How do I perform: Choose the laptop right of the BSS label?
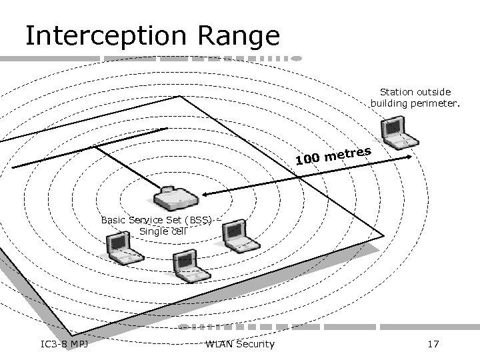point(239,237)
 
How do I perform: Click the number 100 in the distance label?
point(307,159)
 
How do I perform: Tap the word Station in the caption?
point(397,91)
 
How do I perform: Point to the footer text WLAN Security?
point(240,343)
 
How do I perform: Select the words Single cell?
point(163,231)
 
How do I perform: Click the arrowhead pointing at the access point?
point(206,194)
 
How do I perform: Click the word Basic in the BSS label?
point(114,219)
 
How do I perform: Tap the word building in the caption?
point(390,103)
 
